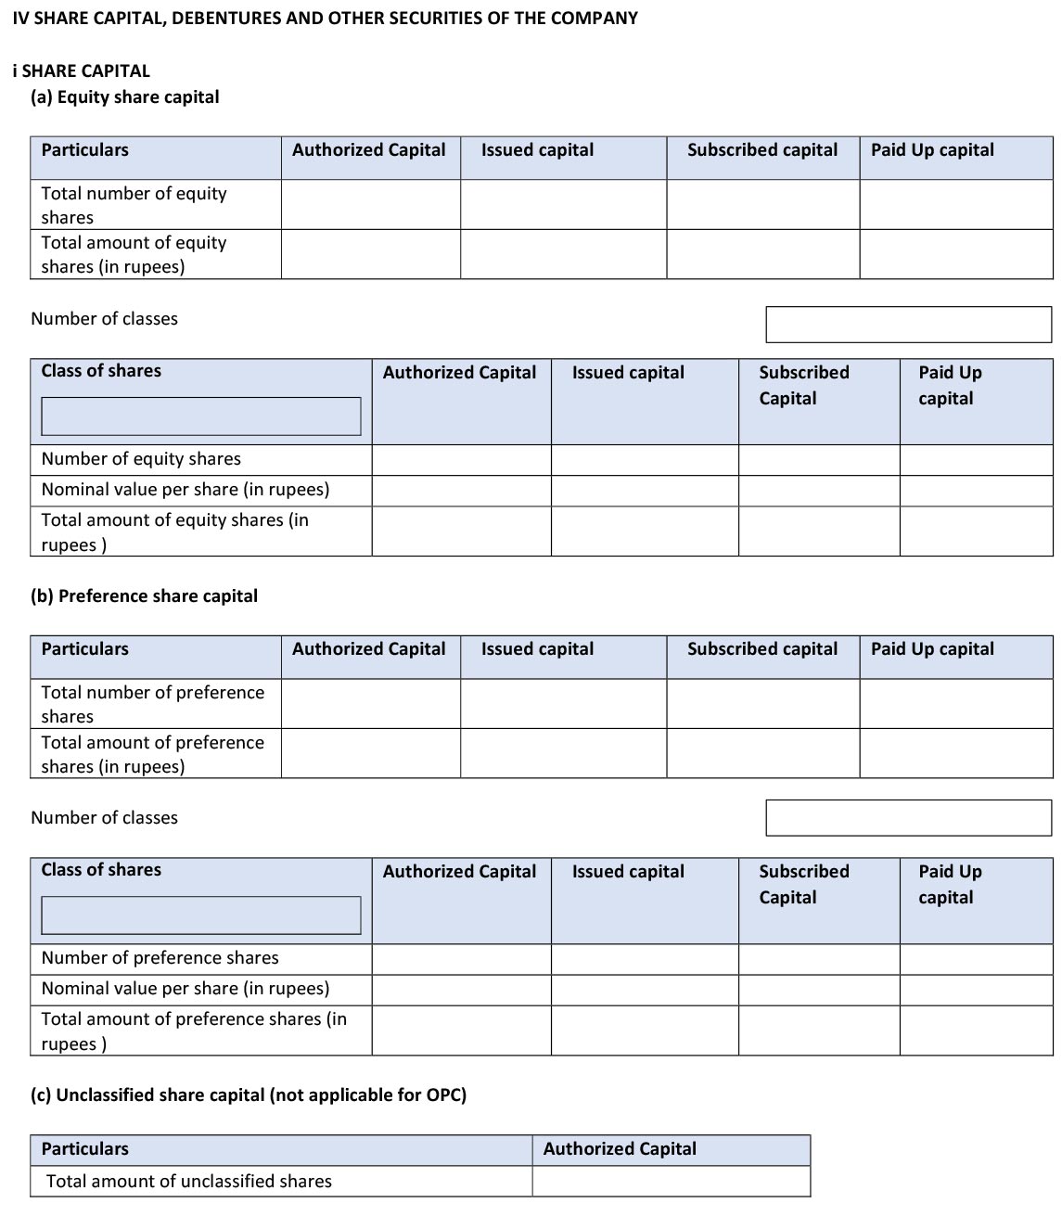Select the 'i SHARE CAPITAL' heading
(x=82, y=70)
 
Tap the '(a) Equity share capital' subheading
(x=125, y=97)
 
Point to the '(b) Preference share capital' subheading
(x=145, y=596)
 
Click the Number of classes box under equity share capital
(x=908, y=325)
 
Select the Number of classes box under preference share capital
(x=908, y=817)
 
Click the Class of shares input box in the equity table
(x=201, y=416)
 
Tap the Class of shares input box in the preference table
(x=201, y=915)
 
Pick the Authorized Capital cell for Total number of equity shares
(x=371, y=204)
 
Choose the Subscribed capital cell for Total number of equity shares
(x=762, y=204)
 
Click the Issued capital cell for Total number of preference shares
(x=563, y=704)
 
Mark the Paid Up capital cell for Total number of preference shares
(x=955, y=704)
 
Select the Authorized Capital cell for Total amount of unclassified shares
(x=671, y=1181)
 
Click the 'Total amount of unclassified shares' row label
(x=189, y=1182)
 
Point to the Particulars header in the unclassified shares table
(x=85, y=1149)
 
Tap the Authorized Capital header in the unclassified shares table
(x=620, y=1149)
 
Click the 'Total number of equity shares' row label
(x=134, y=205)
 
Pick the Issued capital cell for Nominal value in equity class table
(x=645, y=490)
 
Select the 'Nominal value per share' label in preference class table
(x=186, y=989)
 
